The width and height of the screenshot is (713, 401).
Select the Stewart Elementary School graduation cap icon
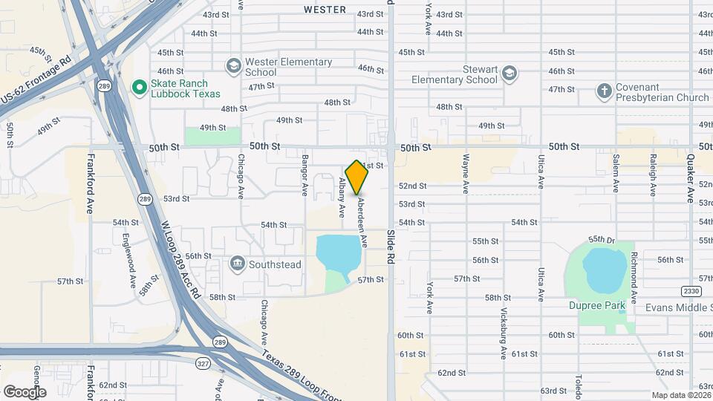[x=509, y=73]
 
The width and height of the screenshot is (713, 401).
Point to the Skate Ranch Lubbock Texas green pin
[x=139, y=88]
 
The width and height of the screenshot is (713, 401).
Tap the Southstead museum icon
[x=237, y=263]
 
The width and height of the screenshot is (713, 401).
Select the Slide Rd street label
[x=390, y=247]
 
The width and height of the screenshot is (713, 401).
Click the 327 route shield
[x=203, y=363]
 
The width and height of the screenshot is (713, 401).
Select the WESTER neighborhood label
[x=325, y=10]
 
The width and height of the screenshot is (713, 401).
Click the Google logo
[x=25, y=391]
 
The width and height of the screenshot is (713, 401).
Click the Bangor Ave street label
[x=305, y=175]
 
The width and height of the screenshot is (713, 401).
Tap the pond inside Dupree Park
[x=605, y=271]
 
